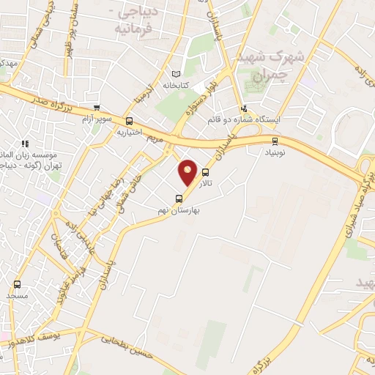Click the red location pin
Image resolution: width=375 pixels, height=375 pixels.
(188, 172)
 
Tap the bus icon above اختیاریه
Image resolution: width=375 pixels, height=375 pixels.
(130, 122)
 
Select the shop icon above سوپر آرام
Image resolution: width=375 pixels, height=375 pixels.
(96, 107)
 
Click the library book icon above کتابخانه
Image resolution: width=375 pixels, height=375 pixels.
(175, 74)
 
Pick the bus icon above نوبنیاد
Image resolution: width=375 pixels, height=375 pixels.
(275, 141)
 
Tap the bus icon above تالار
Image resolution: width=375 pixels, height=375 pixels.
(206, 174)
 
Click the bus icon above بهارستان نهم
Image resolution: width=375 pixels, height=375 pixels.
(179, 198)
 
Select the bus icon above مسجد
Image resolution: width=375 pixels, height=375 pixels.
(17, 283)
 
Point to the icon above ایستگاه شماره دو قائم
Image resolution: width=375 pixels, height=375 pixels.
(244, 108)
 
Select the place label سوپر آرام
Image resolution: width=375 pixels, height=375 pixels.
(97, 119)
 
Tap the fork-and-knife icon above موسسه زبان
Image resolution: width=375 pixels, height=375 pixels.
(24, 144)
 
